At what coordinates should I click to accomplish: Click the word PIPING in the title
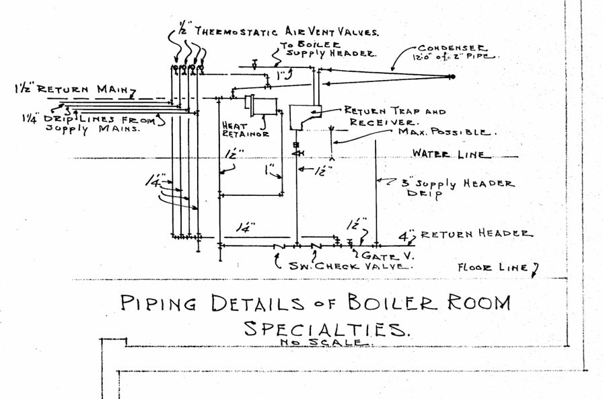[158, 303]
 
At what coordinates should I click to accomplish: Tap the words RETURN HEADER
[475, 233]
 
